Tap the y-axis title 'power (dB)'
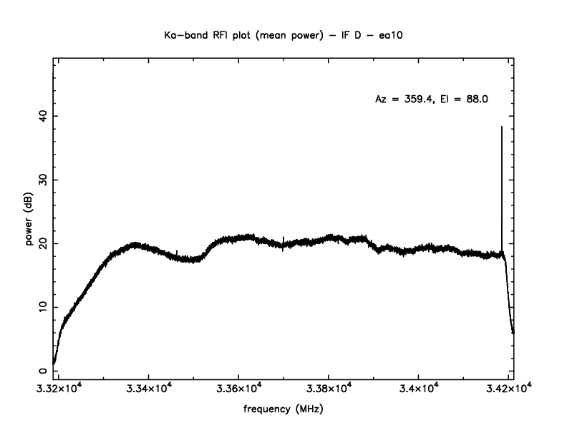click(x=30, y=222)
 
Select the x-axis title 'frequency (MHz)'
click(x=283, y=412)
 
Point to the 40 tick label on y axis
click(x=43, y=116)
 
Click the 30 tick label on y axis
click(x=43, y=180)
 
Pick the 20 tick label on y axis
click(x=43, y=243)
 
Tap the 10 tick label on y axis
click(x=43, y=307)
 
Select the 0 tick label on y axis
click(x=43, y=371)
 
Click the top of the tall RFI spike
click(x=502, y=127)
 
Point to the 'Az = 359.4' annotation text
click(x=404, y=99)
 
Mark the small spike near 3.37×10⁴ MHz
click(x=283, y=238)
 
